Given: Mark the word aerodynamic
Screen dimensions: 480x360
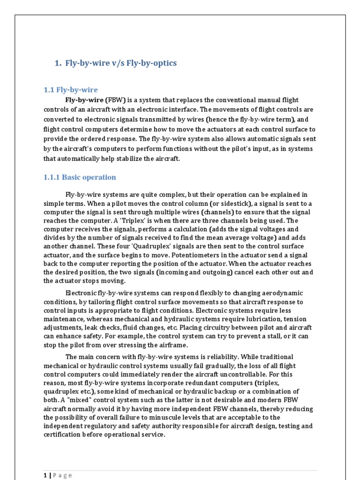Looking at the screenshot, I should (x=280, y=293).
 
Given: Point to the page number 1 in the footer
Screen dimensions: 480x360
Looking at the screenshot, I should (x=45, y=475).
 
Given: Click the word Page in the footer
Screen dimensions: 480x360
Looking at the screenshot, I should (x=63, y=475).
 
